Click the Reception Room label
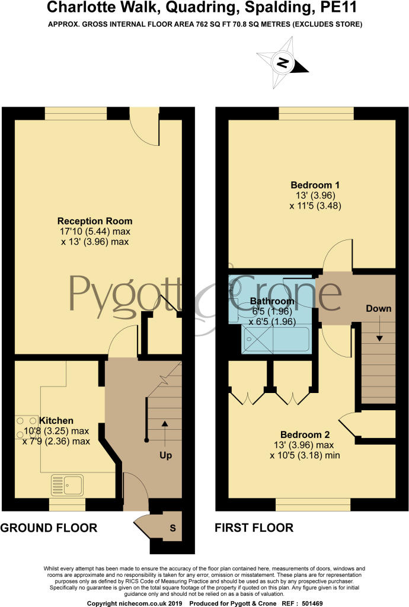click(95, 221)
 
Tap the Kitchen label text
click(56, 420)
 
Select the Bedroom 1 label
click(315, 185)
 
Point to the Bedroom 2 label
click(305, 435)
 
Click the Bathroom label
click(272, 301)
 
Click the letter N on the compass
click(283, 63)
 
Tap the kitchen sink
click(67, 485)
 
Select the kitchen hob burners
click(27, 427)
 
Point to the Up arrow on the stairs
click(165, 434)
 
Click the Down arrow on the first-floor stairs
click(379, 328)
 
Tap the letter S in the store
click(172, 528)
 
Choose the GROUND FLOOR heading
click(49, 528)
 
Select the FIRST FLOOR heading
click(254, 528)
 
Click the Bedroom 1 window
click(317, 113)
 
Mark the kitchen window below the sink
click(67, 504)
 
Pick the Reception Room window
click(75, 113)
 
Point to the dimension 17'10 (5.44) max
click(95, 232)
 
